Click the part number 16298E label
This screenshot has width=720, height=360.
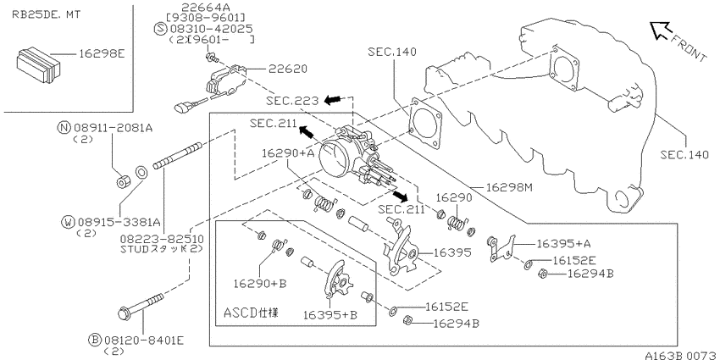pyautogui.click(x=102, y=54)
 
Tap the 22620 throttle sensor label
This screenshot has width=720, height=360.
pyautogui.click(x=288, y=69)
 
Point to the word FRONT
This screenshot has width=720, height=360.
pyautogui.click(x=690, y=47)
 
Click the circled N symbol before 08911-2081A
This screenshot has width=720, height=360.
pyautogui.click(x=64, y=128)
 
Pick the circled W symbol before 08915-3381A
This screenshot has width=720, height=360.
pyautogui.click(x=69, y=223)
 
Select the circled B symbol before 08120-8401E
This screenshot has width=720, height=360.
pyautogui.click(x=95, y=341)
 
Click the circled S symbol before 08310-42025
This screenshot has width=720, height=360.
pyautogui.click(x=160, y=29)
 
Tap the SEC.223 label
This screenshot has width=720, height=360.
pyautogui.click(x=292, y=101)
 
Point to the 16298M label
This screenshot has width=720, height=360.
pyautogui.click(x=509, y=187)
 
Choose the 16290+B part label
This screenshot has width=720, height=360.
pyautogui.click(x=260, y=284)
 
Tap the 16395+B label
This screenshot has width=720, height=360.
pyautogui.click(x=330, y=315)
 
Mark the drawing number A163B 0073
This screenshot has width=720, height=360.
pyautogui.click(x=681, y=355)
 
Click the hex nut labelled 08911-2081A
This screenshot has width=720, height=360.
pyautogui.click(x=122, y=182)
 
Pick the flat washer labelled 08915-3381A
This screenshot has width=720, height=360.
pyautogui.click(x=141, y=173)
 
